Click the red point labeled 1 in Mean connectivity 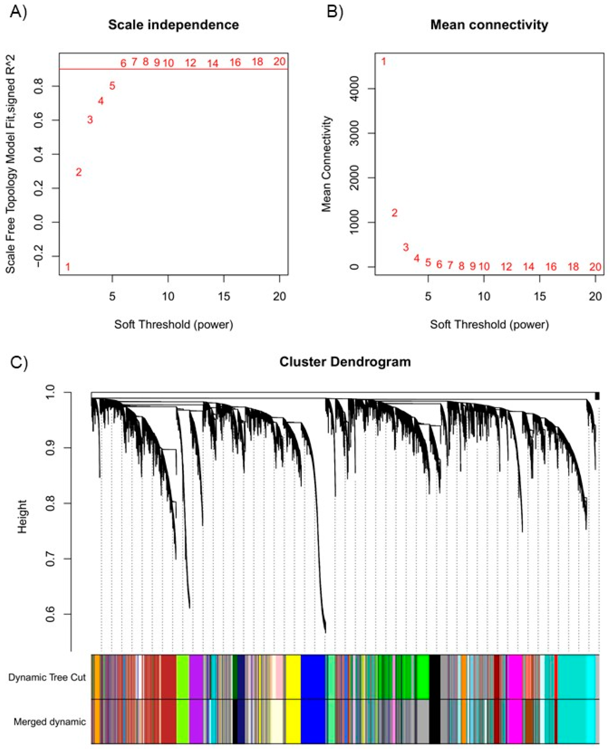coord(383,62)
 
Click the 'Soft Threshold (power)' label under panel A coord(174,324)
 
